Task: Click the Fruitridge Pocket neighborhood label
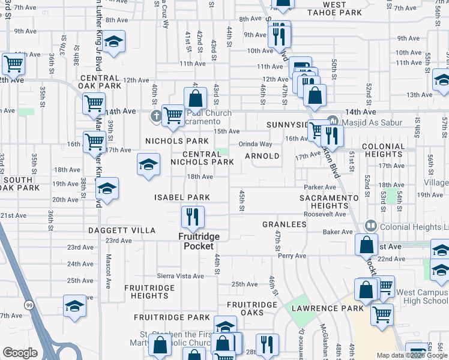[198, 241]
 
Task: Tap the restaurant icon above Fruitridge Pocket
[193, 217]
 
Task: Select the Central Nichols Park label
[202, 157]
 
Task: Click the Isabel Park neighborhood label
[182, 197]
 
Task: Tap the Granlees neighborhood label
[285, 224]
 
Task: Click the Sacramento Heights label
[330, 202]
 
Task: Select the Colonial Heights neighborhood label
[384, 150]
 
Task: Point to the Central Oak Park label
[100, 82]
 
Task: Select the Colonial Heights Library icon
[371, 226]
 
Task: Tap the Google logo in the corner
[20, 353]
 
